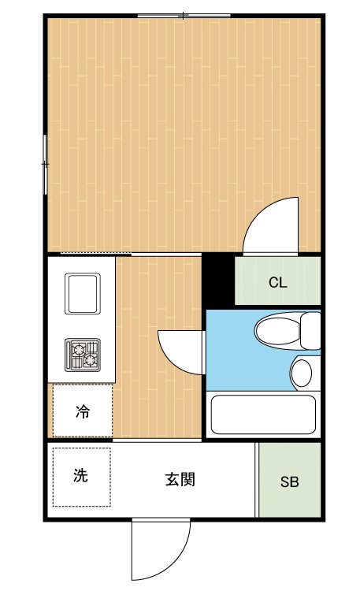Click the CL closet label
[278, 282]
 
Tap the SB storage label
[290, 481]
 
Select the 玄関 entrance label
[180, 479]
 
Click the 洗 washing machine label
[80, 476]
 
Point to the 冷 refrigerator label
[83, 411]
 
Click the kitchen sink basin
[83, 293]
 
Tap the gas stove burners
[83, 355]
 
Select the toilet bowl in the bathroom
[278, 331]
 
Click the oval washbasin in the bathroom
[302, 374]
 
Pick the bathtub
[263, 414]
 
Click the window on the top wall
[184, 16]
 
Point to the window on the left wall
[45, 165]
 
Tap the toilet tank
[310, 330]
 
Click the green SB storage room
[290, 480]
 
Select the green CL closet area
[278, 281]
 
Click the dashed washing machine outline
[81, 477]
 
